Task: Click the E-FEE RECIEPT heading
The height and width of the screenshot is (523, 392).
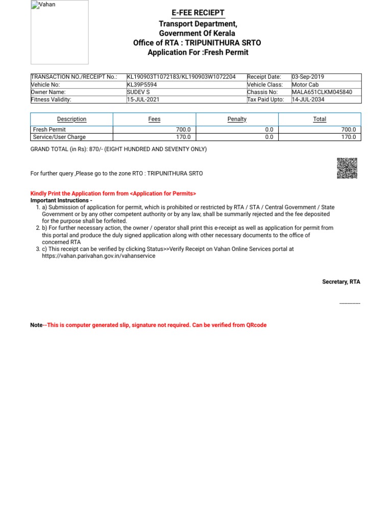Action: pyautogui.click(x=198, y=13)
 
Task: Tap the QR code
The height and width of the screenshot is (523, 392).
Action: pyautogui.click(x=347, y=168)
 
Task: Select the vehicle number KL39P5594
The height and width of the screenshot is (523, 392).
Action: pyautogui.click(x=142, y=85)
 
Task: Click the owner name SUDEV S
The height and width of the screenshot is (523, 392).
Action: pyautogui.click(x=137, y=92)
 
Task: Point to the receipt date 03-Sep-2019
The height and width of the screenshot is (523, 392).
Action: pyautogui.click(x=308, y=77)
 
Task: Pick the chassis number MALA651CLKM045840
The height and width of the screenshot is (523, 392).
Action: pyautogui.click(x=322, y=92)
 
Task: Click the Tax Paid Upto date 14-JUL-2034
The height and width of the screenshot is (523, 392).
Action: pyautogui.click(x=308, y=100)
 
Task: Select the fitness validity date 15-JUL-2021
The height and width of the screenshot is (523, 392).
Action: pyautogui.click(x=143, y=100)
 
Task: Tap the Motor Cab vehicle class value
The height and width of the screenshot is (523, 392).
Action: pyautogui.click(x=306, y=85)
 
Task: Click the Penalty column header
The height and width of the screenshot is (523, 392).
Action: pyautogui.click(x=237, y=119)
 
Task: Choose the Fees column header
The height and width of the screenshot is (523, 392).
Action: pyautogui.click(x=154, y=119)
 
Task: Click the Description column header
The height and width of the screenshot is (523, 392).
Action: pyautogui.click(x=71, y=119)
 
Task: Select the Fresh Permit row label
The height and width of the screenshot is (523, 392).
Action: pyautogui.click(x=49, y=130)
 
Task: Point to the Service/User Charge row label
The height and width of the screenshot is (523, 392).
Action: pyautogui.click(x=59, y=137)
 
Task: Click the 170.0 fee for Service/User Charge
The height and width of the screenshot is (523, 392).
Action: pyautogui.click(x=183, y=137)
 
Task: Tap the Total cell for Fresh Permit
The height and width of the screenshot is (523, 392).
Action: pyautogui.click(x=349, y=130)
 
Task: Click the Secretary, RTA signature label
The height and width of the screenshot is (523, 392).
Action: pyautogui.click(x=341, y=282)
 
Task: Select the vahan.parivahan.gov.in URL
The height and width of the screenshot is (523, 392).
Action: pyautogui.click(x=99, y=256)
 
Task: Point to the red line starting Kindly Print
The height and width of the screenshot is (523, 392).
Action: pyautogui.click(x=113, y=194)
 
